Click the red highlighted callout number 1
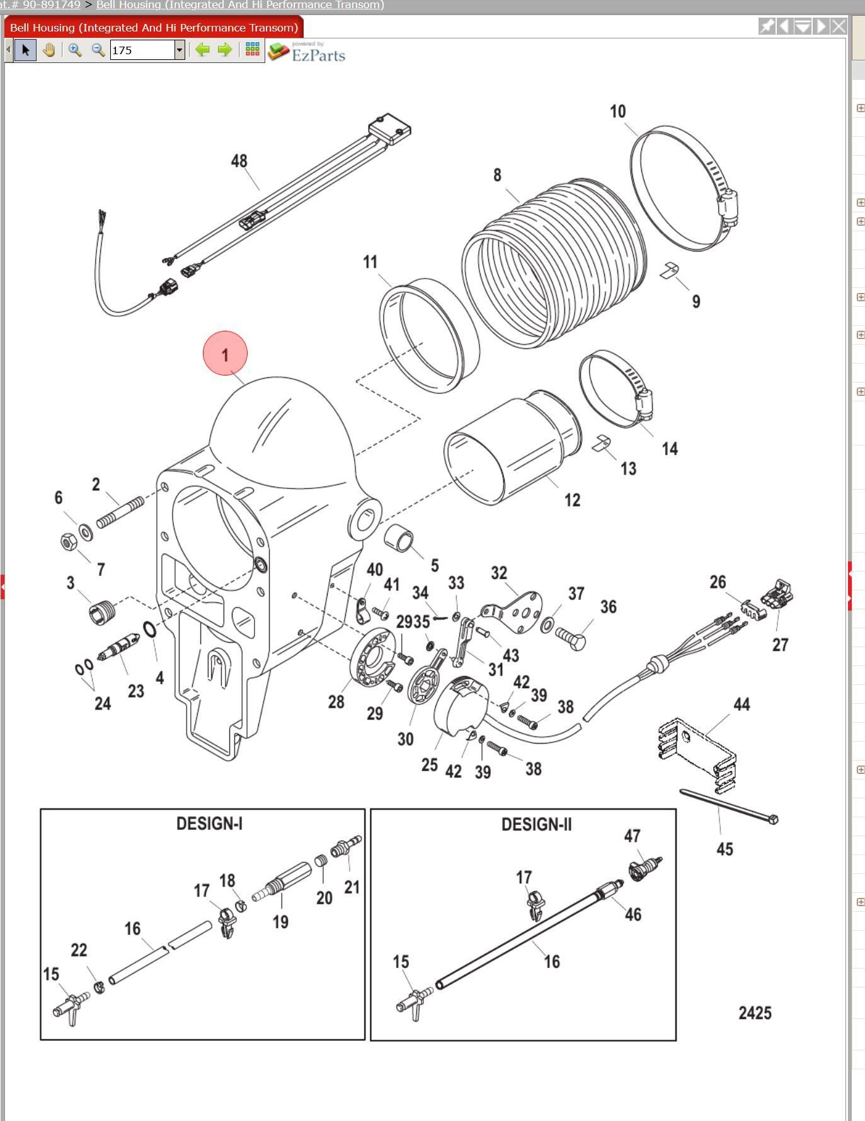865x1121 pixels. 225,354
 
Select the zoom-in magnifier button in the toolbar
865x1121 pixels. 75,50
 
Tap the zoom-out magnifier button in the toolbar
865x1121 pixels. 98,50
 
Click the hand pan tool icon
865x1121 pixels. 49,50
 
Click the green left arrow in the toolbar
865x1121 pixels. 202,50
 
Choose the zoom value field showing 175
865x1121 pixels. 142,50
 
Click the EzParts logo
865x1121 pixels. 307,52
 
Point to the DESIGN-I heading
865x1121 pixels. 209,824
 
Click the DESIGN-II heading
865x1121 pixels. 536,824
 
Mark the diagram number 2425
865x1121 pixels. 755,1013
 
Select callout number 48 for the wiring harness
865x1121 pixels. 239,161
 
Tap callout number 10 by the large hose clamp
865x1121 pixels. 617,112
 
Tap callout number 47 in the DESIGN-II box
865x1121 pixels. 632,836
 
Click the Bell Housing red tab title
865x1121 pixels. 154,28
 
